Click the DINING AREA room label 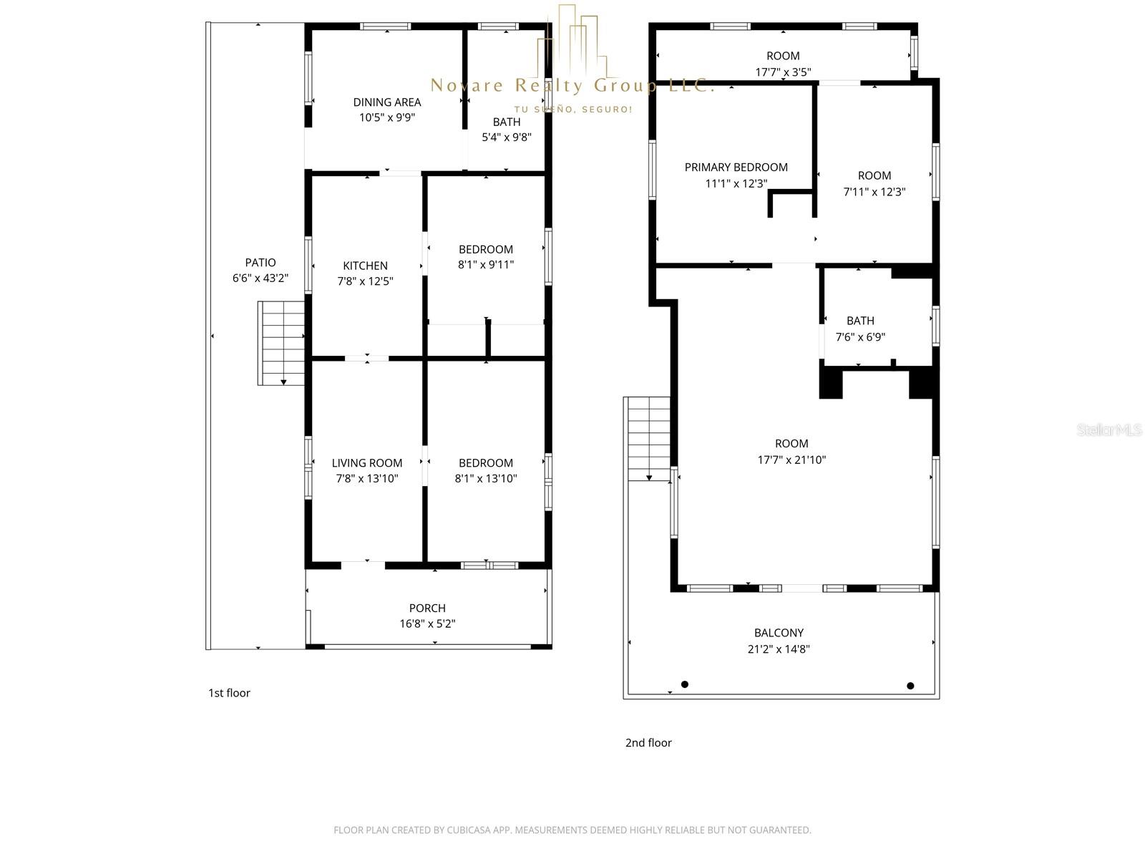386,102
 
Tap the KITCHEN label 365,266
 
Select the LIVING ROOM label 366,463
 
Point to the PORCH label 427,608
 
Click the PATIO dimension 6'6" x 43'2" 260,278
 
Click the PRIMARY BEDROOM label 736,168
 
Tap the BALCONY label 779,633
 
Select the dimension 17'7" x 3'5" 783,72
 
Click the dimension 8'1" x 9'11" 486,265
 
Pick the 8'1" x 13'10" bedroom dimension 486,479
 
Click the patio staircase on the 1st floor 281,343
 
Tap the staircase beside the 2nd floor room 648,438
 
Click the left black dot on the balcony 685,684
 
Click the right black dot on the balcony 910,686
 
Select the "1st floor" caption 229,693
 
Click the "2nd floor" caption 648,743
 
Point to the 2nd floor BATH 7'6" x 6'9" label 860,329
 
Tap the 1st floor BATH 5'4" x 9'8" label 507,130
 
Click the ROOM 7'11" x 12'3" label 874,183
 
